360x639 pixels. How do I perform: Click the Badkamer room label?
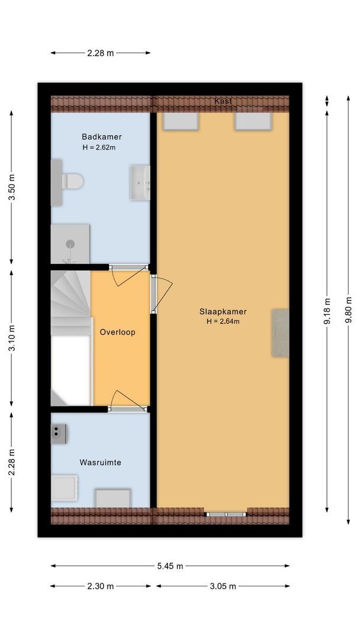click(x=102, y=137)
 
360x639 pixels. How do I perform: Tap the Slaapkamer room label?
click(x=223, y=311)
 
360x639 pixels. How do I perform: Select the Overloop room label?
click(x=117, y=332)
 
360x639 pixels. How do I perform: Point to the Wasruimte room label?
click(x=101, y=462)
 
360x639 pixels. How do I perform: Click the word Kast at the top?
click(x=223, y=102)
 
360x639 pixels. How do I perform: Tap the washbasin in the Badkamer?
click(x=140, y=183)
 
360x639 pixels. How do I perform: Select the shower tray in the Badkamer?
click(x=70, y=244)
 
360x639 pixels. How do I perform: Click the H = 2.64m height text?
click(x=223, y=321)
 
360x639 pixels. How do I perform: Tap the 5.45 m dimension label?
click(x=170, y=566)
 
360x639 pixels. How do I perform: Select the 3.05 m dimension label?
click(x=223, y=586)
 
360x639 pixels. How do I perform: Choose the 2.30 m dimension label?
click(x=100, y=586)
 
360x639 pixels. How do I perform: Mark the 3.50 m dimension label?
click(x=12, y=186)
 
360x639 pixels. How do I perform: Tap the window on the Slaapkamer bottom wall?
click(x=226, y=514)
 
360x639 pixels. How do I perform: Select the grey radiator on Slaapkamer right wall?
click(x=280, y=333)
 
